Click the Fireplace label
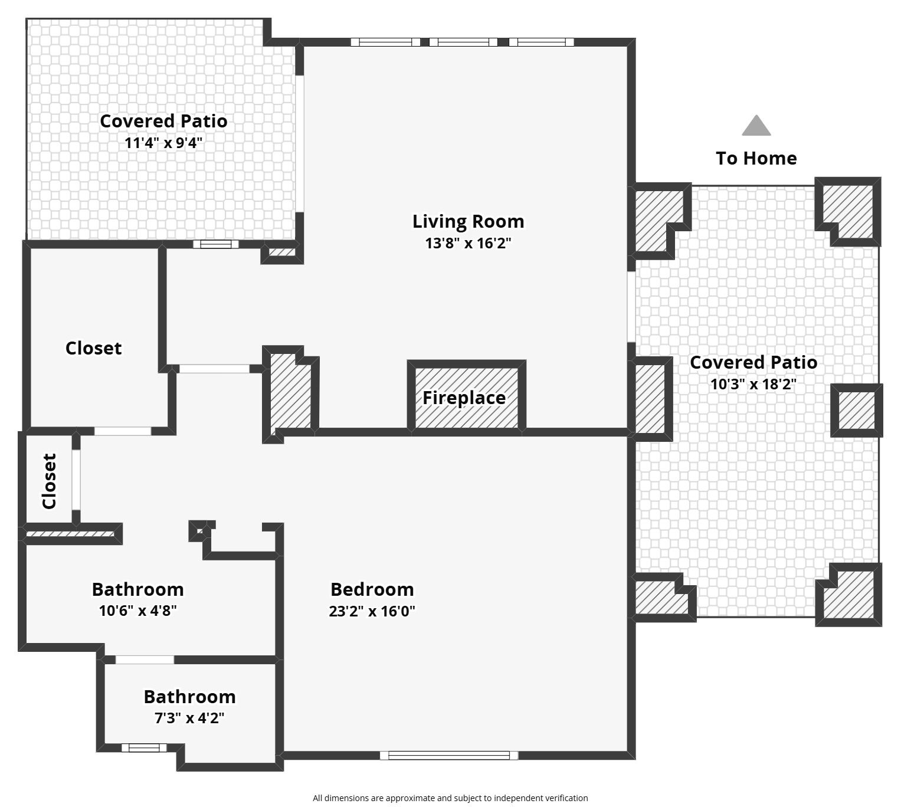(x=464, y=398)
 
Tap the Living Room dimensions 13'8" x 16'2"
(x=468, y=243)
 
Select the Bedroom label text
(x=372, y=589)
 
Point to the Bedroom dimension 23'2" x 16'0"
(x=372, y=611)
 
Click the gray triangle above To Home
(x=756, y=126)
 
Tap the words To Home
(x=756, y=158)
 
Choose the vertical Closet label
(x=49, y=481)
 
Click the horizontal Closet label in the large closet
(x=93, y=348)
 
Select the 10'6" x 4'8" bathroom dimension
(x=137, y=611)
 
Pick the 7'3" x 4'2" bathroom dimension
(x=189, y=718)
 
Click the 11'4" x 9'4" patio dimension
(x=163, y=143)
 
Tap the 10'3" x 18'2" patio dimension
(x=753, y=383)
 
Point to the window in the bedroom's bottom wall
(x=448, y=756)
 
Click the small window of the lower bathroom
(x=144, y=748)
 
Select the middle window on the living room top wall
(x=463, y=42)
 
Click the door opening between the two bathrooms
(x=145, y=660)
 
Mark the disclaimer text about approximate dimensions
(x=450, y=798)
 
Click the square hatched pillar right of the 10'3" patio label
(x=857, y=411)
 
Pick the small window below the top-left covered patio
(x=216, y=244)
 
